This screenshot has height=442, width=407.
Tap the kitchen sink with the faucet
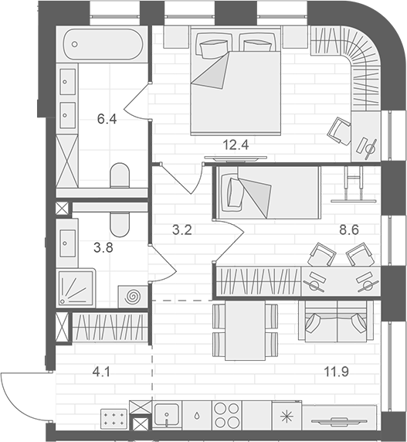[168, 414]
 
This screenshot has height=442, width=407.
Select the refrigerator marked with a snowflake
[287, 416]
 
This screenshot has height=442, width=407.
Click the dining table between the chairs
[244, 330]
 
